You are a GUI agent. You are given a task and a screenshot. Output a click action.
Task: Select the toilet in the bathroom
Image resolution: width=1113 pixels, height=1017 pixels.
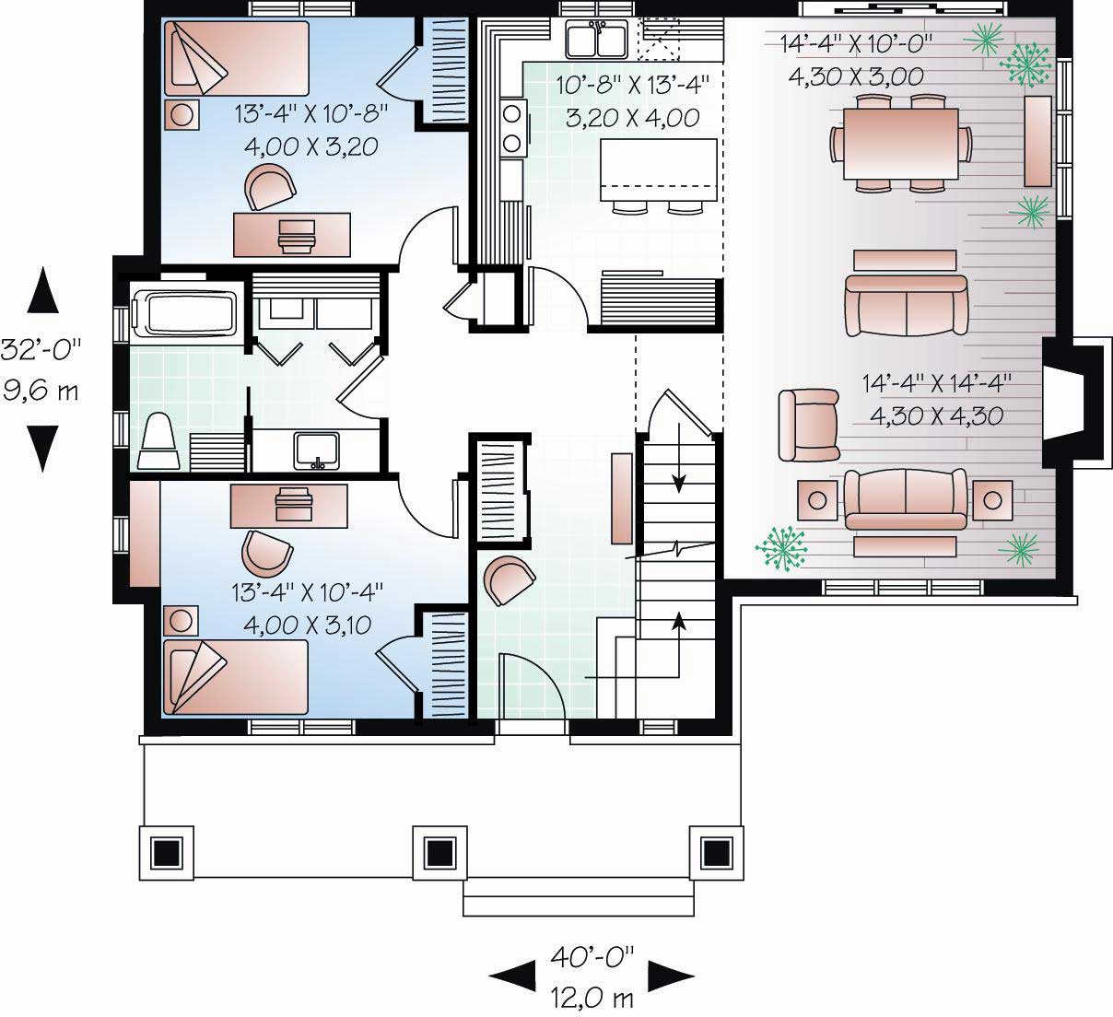tap(159, 443)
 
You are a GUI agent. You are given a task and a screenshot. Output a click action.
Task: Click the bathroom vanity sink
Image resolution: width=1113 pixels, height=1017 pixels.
tap(316, 450)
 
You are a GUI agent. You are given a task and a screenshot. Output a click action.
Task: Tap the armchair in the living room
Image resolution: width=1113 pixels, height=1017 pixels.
tap(808, 424)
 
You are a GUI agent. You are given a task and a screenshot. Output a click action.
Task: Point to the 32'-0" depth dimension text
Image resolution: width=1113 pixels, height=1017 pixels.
tap(41, 349)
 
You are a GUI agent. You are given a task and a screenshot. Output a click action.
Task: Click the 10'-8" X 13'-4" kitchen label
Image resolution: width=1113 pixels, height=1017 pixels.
tap(632, 86)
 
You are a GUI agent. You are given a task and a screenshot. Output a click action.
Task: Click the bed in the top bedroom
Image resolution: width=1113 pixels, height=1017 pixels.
tap(236, 57)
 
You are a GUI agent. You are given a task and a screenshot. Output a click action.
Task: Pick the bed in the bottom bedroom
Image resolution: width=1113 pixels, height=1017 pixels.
tap(236, 677)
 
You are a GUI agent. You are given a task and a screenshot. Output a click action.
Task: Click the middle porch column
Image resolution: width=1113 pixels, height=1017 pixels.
tap(440, 852)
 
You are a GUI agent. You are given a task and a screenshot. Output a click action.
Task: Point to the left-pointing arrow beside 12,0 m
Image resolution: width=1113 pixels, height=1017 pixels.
tap(511, 975)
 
